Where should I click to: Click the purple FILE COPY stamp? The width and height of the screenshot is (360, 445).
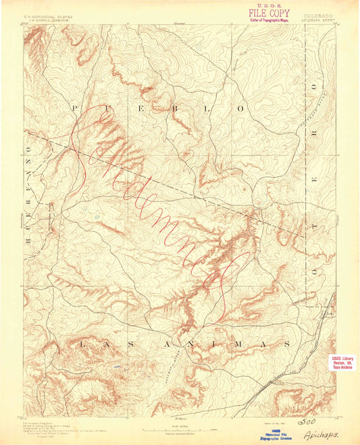tap(270, 13)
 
